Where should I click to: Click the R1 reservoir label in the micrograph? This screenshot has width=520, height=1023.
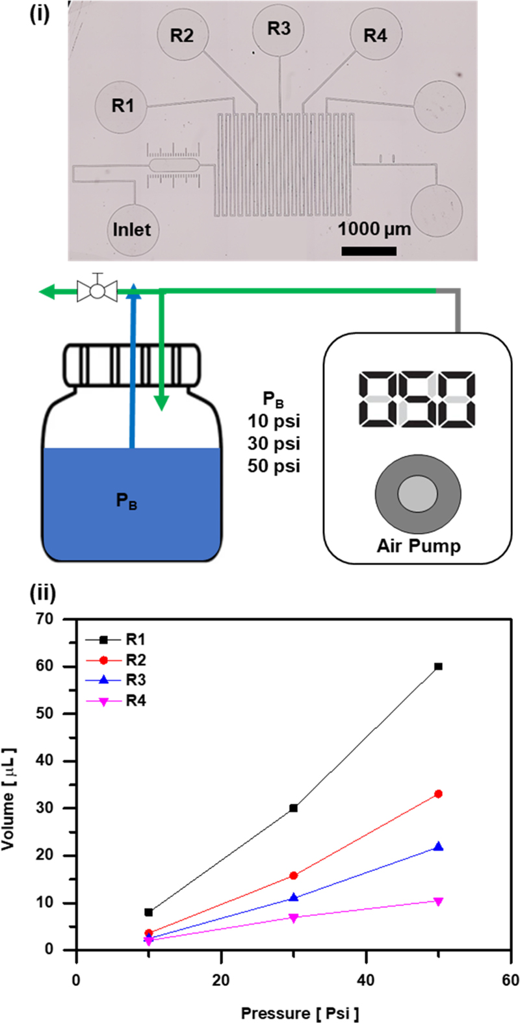(123, 106)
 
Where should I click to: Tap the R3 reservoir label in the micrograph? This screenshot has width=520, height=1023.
(279, 29)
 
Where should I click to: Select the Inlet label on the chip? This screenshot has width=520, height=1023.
(132, 229)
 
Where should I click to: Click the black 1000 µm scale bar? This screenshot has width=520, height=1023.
(369, 251)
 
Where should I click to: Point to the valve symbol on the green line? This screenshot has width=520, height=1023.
(97, 291)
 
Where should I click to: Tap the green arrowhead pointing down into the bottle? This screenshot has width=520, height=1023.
(161, 403)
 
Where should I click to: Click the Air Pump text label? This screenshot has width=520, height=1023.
(418, 546)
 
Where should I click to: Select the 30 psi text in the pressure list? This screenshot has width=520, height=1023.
(274, 444)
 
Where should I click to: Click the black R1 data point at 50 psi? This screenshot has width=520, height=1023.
(439, 666)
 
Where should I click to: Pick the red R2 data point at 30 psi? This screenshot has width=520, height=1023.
(294, 876)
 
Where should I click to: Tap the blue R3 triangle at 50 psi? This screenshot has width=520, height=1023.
(439, 846)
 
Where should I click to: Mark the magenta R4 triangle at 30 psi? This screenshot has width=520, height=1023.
(294, 918)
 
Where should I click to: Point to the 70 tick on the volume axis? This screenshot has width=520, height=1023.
(62, 619)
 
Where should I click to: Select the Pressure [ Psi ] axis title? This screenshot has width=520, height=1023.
(300, 1013)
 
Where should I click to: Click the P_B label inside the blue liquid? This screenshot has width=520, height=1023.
(127, 501)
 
